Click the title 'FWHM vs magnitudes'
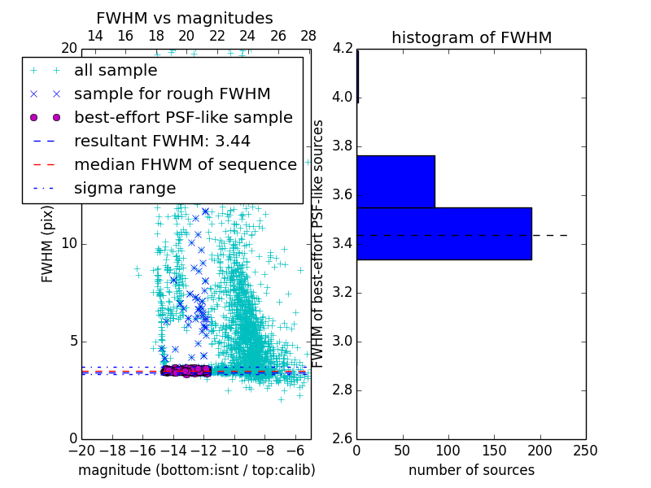(x=185, y=18)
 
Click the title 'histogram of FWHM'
(x=471, y=37)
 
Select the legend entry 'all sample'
(x=116, y=71)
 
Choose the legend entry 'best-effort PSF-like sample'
(x=183, y=117)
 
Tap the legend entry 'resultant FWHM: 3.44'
(x=162, y=141)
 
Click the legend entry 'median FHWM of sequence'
(x=186, y=164)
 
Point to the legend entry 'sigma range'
(x=125, y=188)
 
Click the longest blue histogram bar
(x=444, y=233)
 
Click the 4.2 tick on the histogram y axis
(x=344, y=49)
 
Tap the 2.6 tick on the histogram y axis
(x=344, y=439)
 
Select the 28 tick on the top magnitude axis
(x=308, y=36)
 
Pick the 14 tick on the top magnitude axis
(x=94, y=36)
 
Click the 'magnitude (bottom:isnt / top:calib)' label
(x=196, y=470)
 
